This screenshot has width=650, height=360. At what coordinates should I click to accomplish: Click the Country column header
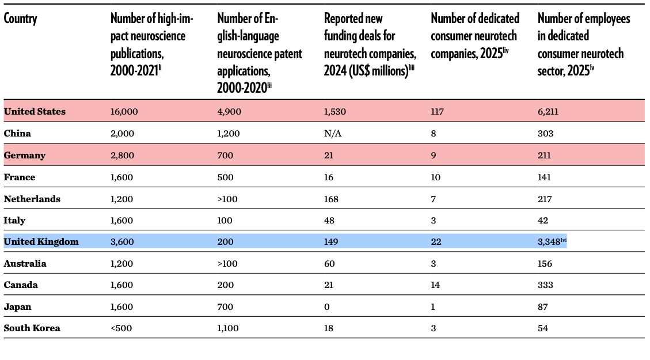[20, 19]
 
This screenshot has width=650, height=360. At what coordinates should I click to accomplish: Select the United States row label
[35, 112]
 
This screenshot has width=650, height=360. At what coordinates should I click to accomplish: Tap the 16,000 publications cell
[124, 112]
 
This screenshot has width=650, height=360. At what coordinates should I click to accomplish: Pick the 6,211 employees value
[548, 112]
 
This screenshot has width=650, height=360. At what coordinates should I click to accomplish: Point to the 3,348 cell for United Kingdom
[549, 242]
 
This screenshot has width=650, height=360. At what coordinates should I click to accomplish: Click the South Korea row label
[32, 328]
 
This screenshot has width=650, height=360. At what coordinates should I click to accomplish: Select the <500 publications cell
[121, 328]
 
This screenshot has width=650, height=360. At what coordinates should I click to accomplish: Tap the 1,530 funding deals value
[335, 112]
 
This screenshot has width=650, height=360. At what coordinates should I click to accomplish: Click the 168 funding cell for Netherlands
[331, 199]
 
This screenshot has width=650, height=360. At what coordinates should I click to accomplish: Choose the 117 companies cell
[437, 112]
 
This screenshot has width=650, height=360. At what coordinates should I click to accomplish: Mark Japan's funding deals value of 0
[327, 307]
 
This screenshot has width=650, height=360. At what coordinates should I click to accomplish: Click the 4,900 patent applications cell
[229, 112]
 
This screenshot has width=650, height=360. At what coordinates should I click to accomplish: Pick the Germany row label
[25, 156]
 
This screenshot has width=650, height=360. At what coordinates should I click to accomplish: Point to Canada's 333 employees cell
[545, 285]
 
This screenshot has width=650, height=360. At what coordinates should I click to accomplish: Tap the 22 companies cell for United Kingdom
[436, 242]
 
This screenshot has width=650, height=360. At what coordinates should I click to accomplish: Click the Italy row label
[14, 221]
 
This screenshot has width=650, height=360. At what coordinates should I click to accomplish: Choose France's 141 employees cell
[545, 177]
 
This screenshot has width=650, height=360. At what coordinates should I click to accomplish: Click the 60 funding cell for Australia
[329, 264]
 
